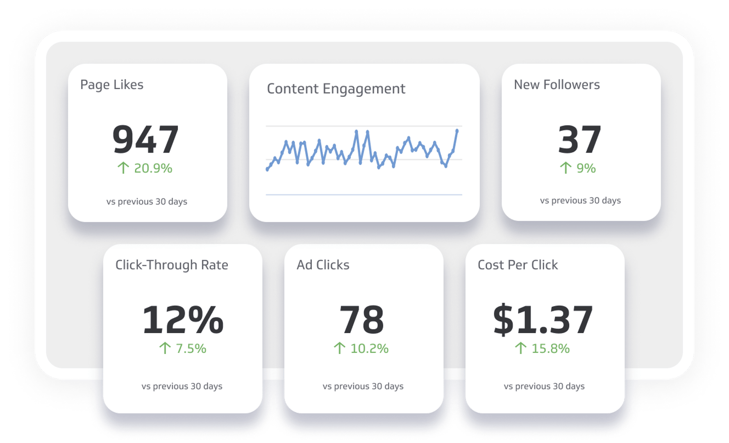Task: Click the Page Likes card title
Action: [111, 84]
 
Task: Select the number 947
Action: [145, 139]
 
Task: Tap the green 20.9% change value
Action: [153, 168]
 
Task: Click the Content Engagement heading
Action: [336, 89]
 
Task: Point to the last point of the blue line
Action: [457, 130]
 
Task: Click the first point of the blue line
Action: [268, 169]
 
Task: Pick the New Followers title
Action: [556, 84]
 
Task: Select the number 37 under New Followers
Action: [579, 139]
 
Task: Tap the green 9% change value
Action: [586, 168]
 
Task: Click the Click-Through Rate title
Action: [172, 265]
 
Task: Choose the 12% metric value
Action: [183, 320]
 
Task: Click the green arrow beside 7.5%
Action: [165, 348]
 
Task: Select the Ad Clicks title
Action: [323, 265]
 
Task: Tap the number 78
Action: [362, 320]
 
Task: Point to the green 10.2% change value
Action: [369, 348]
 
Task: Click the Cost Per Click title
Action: [518, 265]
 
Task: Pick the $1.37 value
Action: [543, 320]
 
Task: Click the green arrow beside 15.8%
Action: [520, 348]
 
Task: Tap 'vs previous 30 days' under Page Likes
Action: [147, 201]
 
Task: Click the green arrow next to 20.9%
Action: [123, 168]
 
